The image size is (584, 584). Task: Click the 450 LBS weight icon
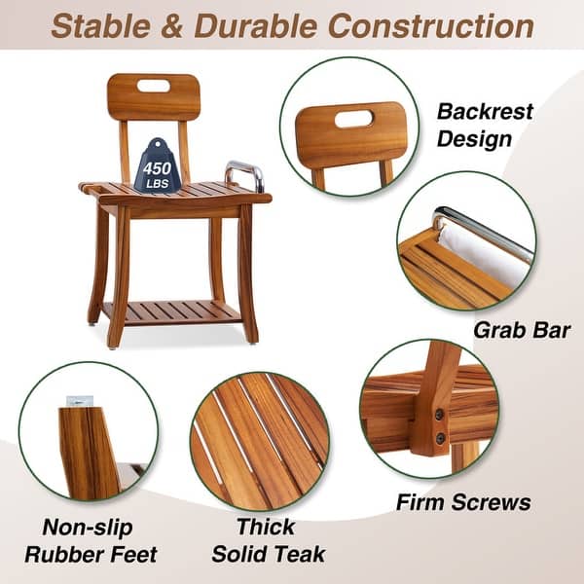click(x=158, y=166)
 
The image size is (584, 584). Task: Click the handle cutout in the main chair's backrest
click(x=153, y=86)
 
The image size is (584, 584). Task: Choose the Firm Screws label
click(x=463, y=502)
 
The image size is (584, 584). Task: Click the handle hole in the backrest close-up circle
click(x=353, y=119)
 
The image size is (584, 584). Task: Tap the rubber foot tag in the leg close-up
click(x=79, y=401)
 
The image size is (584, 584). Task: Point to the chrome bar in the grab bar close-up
click(x=482, y=230)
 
